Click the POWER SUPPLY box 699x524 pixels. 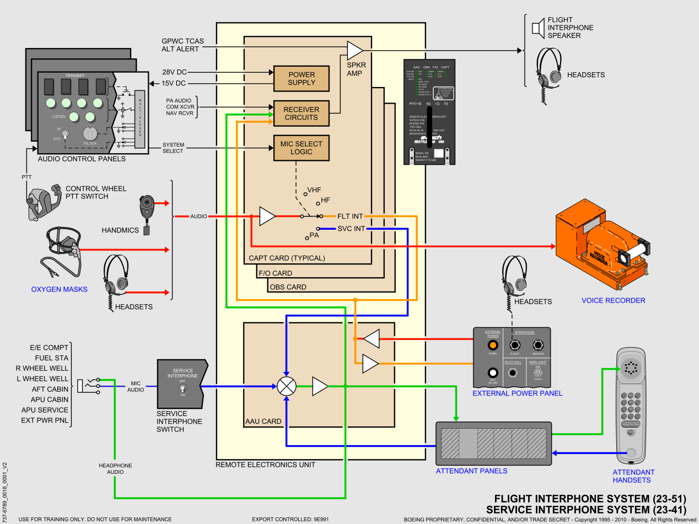click(302, 79)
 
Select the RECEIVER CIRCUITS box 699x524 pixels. click(301, 114)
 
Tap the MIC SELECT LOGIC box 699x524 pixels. click(301, 148)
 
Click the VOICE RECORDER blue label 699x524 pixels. click(613, 301)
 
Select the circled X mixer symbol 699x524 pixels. click(286, 386)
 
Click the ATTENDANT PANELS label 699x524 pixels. click(471, 471)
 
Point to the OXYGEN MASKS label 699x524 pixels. click(59, 289)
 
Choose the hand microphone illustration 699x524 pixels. click(147, 212)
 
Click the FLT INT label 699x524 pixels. click(350, 217)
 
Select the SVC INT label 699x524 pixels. click(351, 229)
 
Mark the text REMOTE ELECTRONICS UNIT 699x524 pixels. click(265, 465)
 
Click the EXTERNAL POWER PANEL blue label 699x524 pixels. click(517, 393)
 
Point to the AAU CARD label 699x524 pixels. click(263, 422)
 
